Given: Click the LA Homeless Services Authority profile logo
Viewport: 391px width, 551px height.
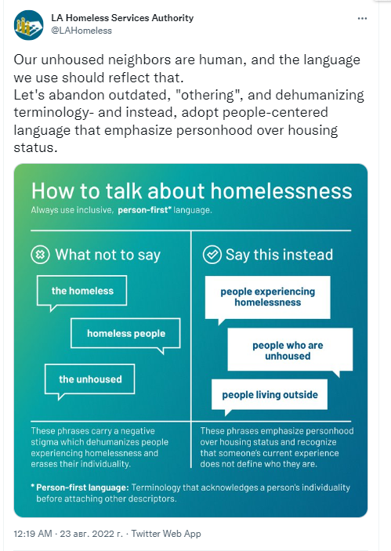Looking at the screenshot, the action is click(29, 25).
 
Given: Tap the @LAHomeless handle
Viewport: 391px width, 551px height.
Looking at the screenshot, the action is click(81, 31).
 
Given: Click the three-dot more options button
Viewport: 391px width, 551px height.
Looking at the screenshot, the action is click(362, 18).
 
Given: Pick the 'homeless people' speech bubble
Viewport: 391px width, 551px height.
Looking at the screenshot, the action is click(126, 335).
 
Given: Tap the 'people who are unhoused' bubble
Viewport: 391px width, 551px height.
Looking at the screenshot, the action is click(290, 350).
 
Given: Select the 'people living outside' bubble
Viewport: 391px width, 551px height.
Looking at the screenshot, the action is click(270, 396).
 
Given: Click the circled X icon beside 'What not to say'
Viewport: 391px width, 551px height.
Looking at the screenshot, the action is click(40, 255).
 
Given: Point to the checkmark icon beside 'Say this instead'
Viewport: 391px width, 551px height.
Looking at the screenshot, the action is click(212, 255).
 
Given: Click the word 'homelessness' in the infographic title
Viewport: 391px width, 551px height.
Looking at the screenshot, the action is click(281, 191).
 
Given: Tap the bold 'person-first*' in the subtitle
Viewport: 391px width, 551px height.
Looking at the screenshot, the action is click(144, 210).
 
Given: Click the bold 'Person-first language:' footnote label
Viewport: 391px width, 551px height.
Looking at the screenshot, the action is click(82, 488).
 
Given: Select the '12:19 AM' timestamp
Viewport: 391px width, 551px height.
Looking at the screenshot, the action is click(33, 534).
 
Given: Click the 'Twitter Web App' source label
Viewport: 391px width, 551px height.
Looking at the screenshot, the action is click(166, 534).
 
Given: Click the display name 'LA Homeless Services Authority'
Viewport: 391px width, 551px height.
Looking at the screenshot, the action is click(122, 18).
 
